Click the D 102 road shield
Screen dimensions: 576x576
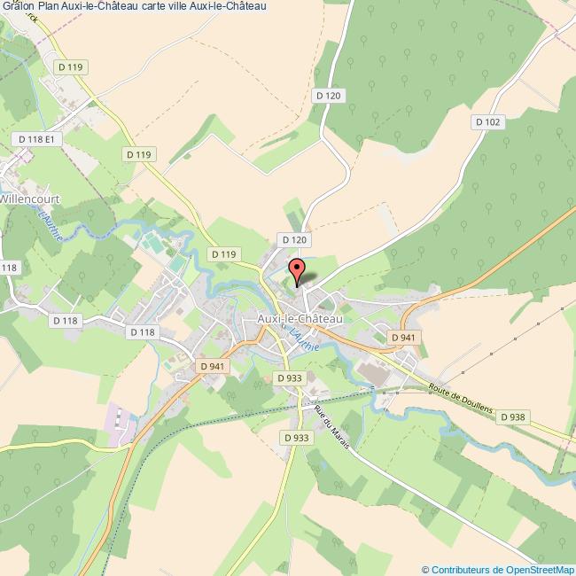pyautogui.click(x=487, y=122)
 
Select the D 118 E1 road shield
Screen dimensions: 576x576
pyautogui.click(x=37, y=139)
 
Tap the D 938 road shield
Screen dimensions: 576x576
pyautogui.click(x=512, y=416)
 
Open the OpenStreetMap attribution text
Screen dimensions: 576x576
pyautogui.click(x=498, y=569)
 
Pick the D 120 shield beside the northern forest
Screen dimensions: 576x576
pyautogui.click(x=327, y=95)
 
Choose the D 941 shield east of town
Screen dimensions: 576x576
pyautogui.click(x=403, y=337)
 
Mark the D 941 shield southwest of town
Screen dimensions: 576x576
pyautogui.click(x=213, y=365)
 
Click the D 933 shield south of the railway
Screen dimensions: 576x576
pyautogui.click(x=296, y=438)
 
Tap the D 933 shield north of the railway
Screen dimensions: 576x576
pyautogui.click(x=289, y=378)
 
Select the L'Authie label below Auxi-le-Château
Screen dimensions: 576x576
pyautogui.click(x=304, y=339)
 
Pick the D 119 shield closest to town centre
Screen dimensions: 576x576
pyautogui.click(x=224, y=254)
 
